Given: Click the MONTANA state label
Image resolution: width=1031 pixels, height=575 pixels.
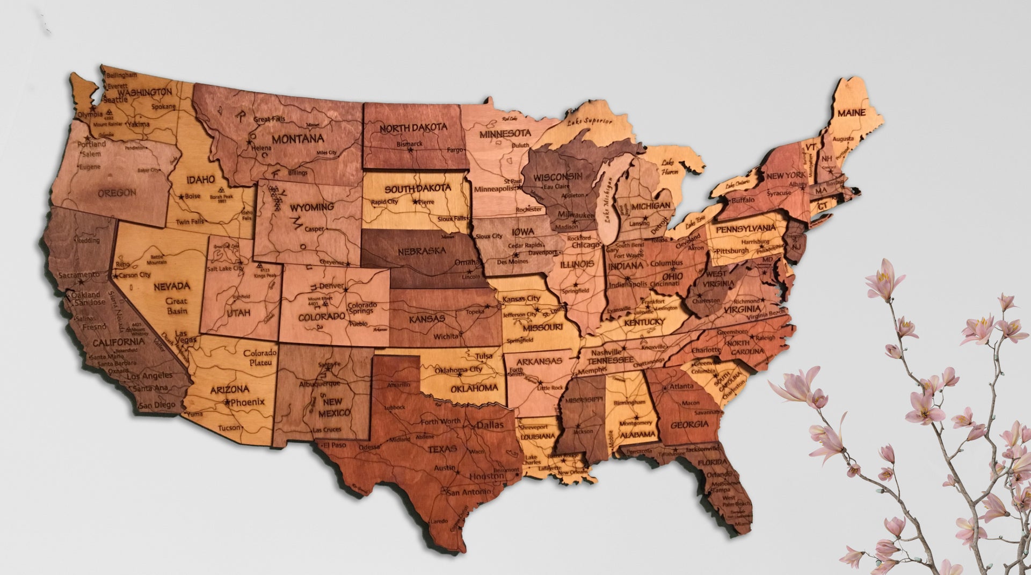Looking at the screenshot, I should [298, 139].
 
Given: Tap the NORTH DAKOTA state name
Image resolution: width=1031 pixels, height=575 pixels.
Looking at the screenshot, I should [413, 128].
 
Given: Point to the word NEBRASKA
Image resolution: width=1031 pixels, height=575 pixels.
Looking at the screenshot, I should [422, 251].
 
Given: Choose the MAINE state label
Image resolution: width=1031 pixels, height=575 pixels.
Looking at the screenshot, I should [851, 113].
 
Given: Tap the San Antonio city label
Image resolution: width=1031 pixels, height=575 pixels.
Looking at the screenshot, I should [468, 492].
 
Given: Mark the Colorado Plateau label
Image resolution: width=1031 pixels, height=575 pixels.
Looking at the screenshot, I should [260, 358].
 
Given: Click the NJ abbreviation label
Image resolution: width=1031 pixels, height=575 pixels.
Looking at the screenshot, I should [796, 246].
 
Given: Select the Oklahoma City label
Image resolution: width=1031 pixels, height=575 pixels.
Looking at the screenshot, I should [458, 370].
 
